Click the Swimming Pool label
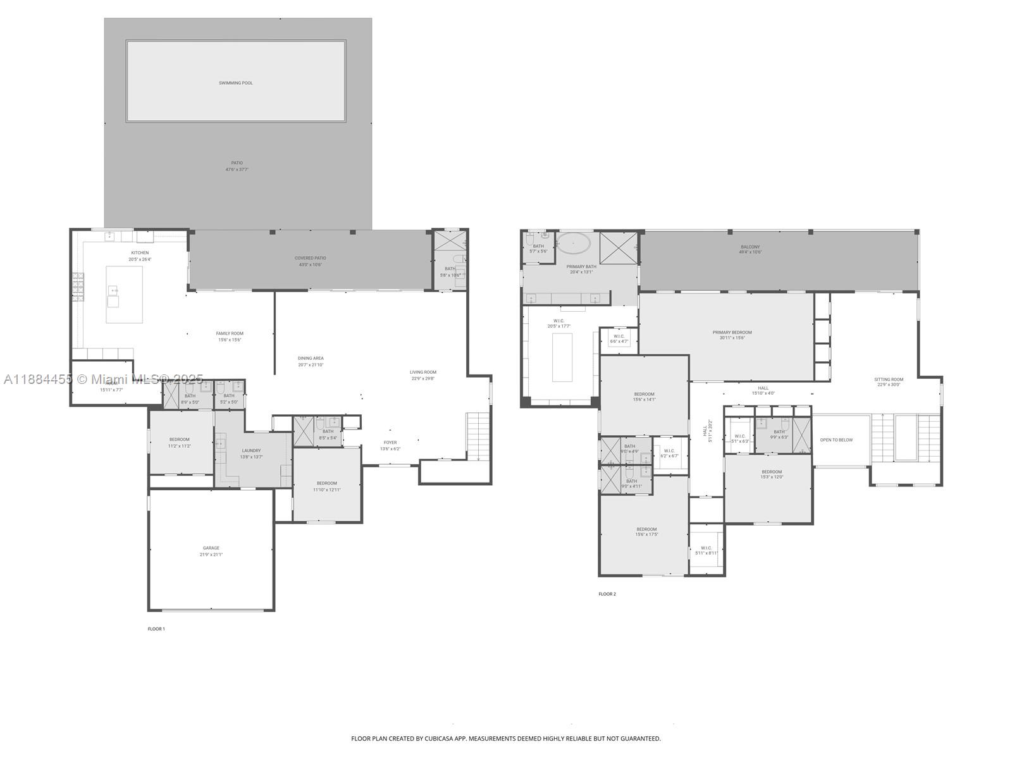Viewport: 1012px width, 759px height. (x=236, y=83)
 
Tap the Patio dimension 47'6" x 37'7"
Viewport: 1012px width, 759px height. (x=237, y=170)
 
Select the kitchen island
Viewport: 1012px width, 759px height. (x=124, y=294)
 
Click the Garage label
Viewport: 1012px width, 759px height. (x=211, y=548)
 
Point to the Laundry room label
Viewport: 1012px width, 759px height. (x=251, y=450)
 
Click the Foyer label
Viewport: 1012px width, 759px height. (x=390, y=443)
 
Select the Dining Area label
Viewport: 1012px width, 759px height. (x=311, y=358)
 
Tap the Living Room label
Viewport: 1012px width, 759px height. (x=423, y=372)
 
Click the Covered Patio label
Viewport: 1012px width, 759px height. (x=311, y=258)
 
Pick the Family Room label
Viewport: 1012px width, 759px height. (x=230, y=333)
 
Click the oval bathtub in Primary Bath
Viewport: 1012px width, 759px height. (x=574, y=243)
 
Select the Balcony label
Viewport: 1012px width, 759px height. (x=750, y=247)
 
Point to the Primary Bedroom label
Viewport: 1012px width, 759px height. (x=732, y=332)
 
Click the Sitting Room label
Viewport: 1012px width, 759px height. (x=889, y=379)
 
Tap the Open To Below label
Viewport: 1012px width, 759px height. (x=836, y=440)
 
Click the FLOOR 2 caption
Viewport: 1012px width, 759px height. (x=607, y=594)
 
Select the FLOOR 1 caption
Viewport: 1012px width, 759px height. (x=156, y=629)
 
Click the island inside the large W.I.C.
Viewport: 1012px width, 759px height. (x=562, y=357)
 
